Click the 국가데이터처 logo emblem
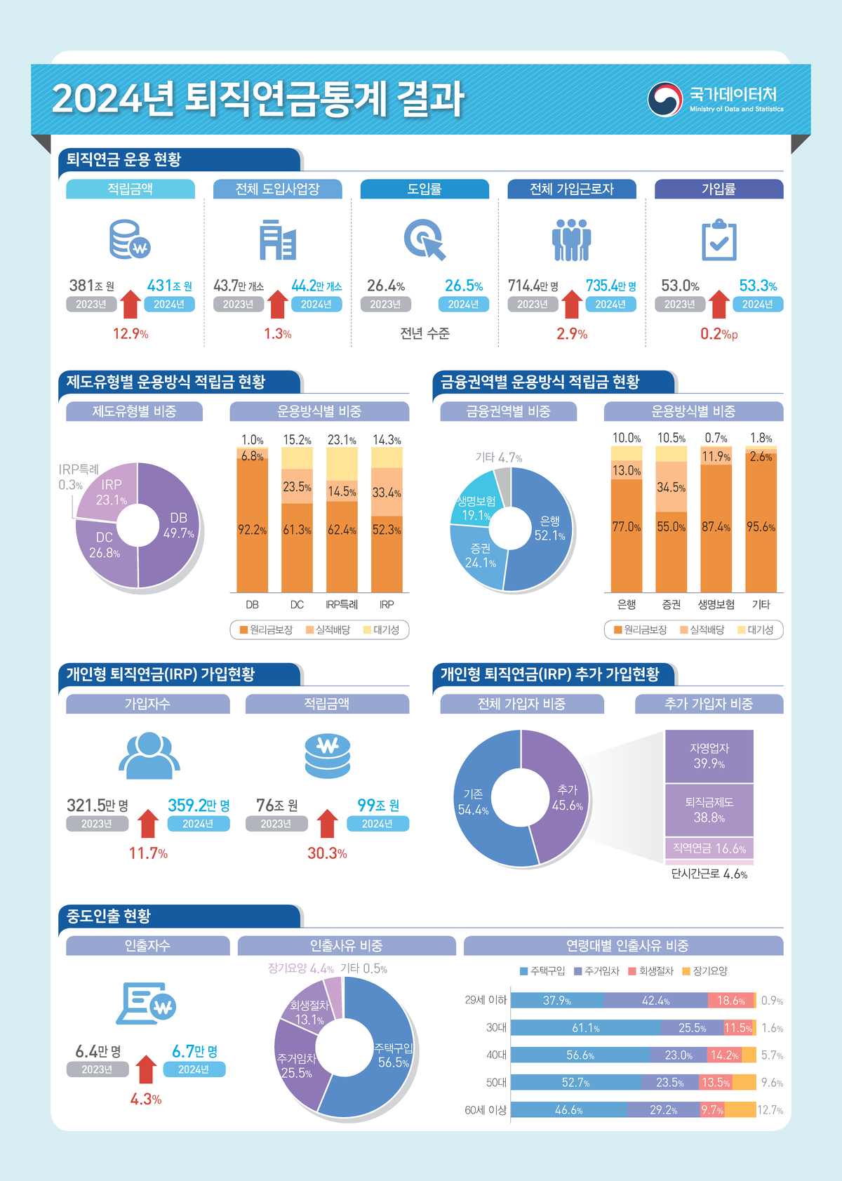(664, 99)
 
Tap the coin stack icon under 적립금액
(130, 240)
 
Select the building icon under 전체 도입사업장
(277, 240)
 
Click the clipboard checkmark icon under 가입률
(719, 240)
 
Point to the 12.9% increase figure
(131, 334)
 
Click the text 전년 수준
(425, 334)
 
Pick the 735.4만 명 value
(610, 286)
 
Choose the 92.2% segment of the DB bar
(252, 531)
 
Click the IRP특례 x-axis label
(342, 604)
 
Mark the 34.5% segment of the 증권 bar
(671, 487)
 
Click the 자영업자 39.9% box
(709, 756)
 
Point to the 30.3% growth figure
(327, 853)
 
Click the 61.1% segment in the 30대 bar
(585, 1028)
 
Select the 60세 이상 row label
(486, 1110)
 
